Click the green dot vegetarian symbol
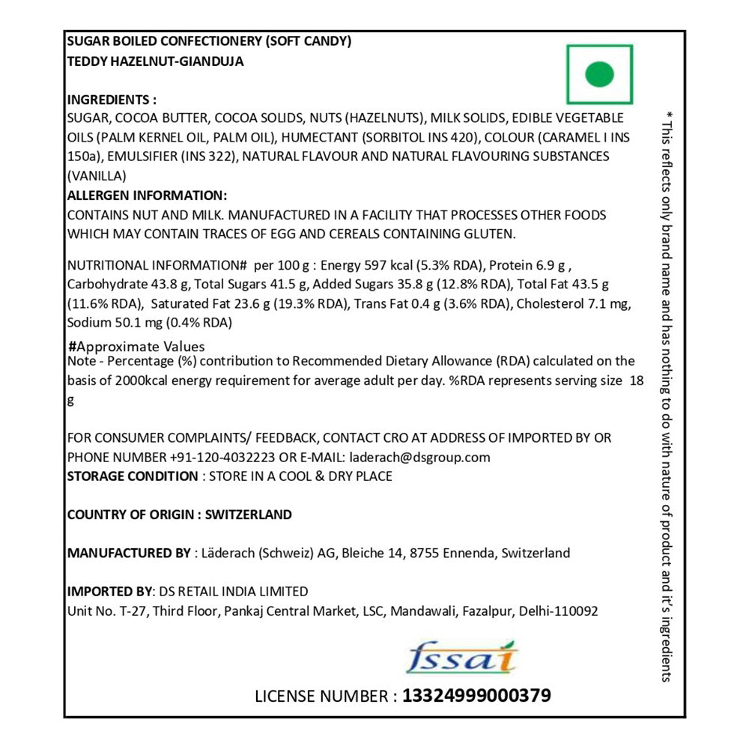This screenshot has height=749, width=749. click(599, 74)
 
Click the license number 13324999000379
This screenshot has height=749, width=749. click(476, 696)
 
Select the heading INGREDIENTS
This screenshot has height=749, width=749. click(112, 100)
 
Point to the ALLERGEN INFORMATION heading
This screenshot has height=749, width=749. click(147, 195)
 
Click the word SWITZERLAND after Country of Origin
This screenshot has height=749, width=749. click(248, 515)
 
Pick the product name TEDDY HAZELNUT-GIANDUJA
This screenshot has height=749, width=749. click(156, 61)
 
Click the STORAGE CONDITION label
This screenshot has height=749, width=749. click(132, 476)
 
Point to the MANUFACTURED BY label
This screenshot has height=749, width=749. click(129, 554)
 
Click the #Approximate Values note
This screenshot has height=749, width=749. click(136, 347)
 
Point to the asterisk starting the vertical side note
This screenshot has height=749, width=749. click(668, 115)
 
